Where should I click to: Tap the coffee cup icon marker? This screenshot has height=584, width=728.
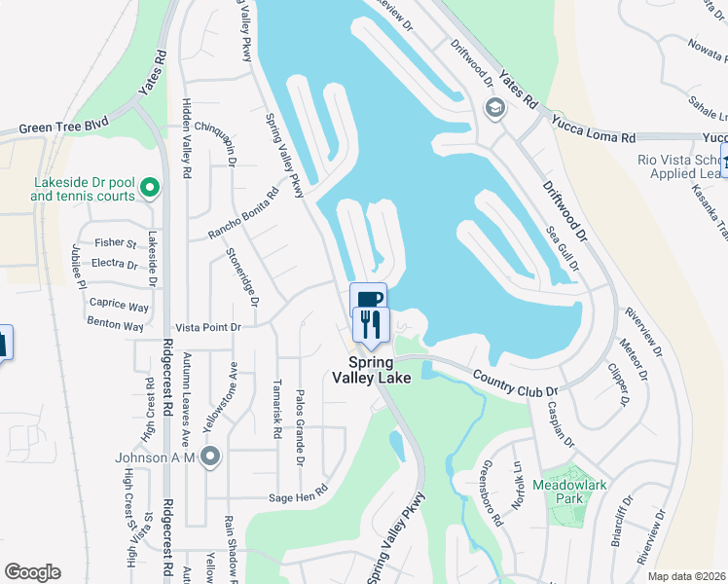[x=368, y=300]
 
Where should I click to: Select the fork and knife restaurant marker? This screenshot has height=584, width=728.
[x=371, y=324]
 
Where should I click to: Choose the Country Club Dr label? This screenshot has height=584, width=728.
[x=513, y=378]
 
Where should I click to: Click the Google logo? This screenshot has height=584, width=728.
[x=33, y=571]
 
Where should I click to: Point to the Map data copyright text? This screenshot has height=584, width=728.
[x=686, y=576]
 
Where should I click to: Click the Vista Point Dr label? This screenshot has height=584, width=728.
[x=207, y=328]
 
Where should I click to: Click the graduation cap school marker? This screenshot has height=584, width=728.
[x=495, y=107]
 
